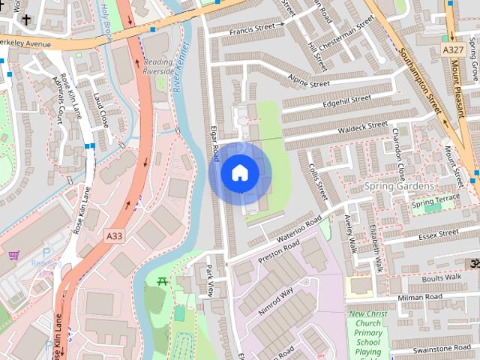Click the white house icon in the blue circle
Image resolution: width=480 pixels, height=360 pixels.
(x=239, y=173)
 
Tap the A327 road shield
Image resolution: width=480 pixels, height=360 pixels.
(x=452, y=49)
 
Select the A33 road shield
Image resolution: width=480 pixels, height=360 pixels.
(x=114, y=235)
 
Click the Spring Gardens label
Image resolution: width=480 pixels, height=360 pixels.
(x=399, y=185)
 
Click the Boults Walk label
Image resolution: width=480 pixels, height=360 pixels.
(x=442, y=276)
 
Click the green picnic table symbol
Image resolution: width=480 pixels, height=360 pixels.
(x=162, y=281)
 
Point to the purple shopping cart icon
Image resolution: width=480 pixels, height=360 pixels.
(x=13, y=256)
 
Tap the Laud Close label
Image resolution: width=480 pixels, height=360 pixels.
(x=101, y=109)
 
